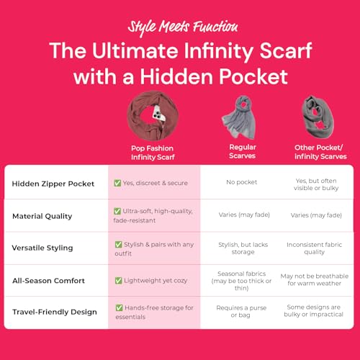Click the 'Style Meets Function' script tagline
(x=182, y=27)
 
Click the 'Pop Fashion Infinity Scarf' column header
(x=154, y=150)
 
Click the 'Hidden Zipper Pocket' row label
(x=53, y=183)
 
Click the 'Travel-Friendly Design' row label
(x=55, y=312)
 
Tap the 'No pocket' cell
(x=242, y=183)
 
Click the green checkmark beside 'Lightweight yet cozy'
(x=118, y=280)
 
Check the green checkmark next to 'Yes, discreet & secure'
(x=118, y=183)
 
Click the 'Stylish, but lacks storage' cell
(x=242, y=248)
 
